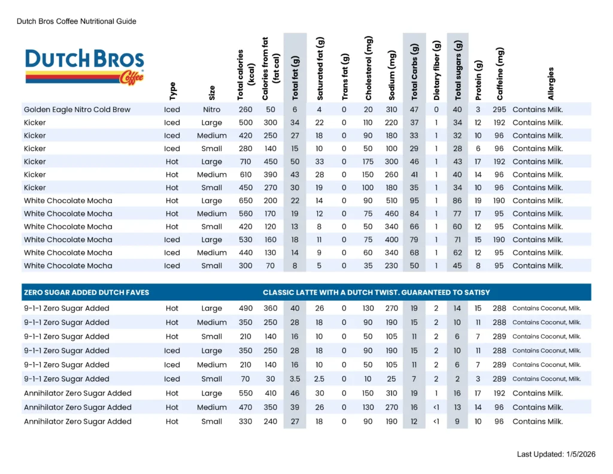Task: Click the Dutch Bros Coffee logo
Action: point(84,67)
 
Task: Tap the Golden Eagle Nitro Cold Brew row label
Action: point(77,110)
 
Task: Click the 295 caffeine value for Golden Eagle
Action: point(499,110)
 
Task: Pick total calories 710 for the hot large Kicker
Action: point(245,162)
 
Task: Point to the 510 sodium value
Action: point(392,201)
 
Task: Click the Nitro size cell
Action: point(211,110)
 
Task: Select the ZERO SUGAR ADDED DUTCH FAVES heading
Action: point(86,292)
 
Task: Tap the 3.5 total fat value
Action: point(295,379)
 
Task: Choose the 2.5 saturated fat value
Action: point(320,379)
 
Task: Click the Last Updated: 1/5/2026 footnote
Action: point(556,455)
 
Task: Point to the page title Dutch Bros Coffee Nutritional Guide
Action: point(77,22)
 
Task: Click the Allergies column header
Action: point(551,83)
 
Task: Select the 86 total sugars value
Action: point(458,201)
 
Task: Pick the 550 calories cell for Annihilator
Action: point(245,393)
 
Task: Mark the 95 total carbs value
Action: point(414,201)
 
